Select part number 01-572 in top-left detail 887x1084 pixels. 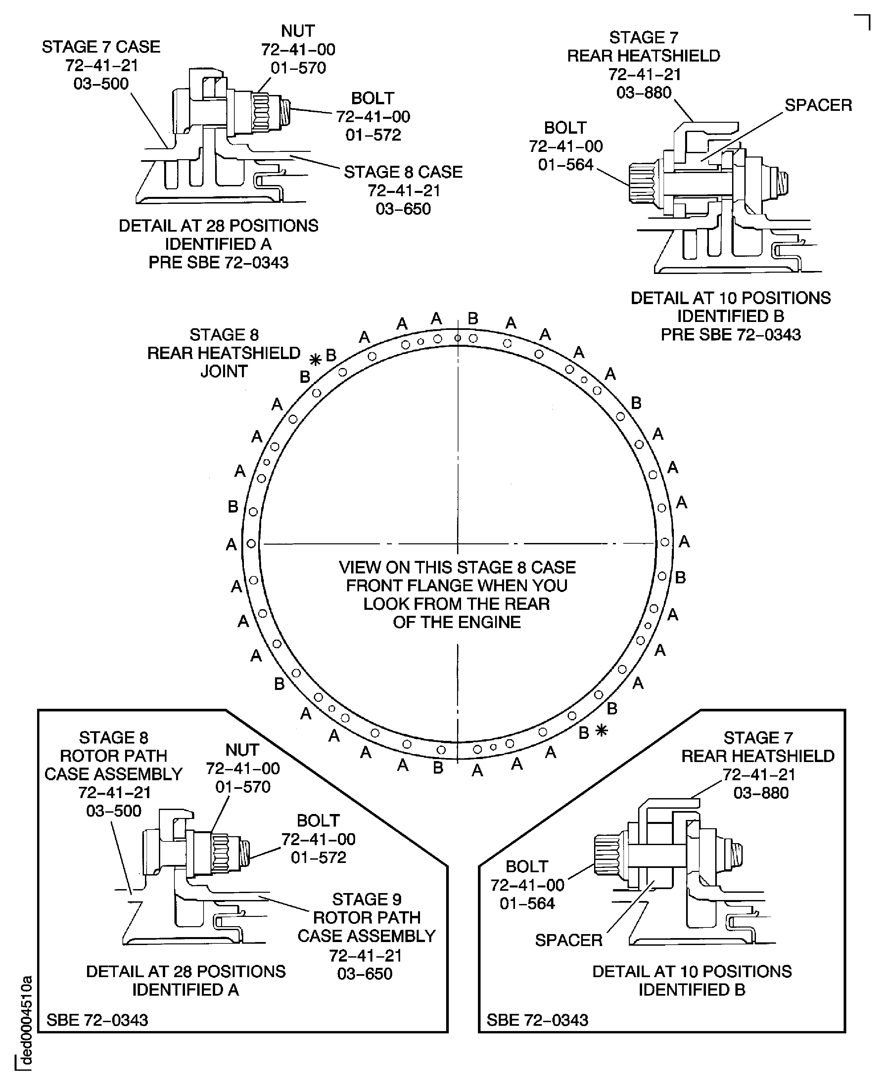(373, 135)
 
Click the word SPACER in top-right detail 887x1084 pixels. (818, 105)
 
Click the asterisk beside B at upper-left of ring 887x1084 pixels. (316, 360)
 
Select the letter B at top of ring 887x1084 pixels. (473, 319)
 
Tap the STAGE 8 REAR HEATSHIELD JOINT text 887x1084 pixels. (224, 353)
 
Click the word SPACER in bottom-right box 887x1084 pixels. (568, 940)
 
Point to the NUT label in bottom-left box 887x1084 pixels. (242, 750)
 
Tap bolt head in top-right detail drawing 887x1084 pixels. (644, 183)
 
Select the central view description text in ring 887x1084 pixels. (457, 595)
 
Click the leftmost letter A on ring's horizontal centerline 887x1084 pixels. (231, 545)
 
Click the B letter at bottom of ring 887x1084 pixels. (438, 768)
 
